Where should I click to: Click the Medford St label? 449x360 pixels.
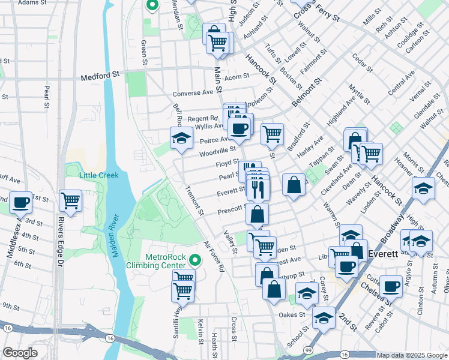pos(101,77)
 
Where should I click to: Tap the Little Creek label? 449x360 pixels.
pos(100,175)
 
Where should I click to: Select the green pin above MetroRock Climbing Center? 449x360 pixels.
pos(193,260)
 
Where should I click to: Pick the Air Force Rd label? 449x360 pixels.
pos(213,257)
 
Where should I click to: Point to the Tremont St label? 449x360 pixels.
pos(196,200)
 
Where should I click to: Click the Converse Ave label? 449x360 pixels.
pos(193,93)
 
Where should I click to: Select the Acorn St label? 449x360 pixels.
pos(237,77)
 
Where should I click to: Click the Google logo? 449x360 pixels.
pos(20,353)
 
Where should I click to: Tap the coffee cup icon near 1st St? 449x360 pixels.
pos(21,202)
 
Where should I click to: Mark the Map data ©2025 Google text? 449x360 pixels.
pos(411,355)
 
